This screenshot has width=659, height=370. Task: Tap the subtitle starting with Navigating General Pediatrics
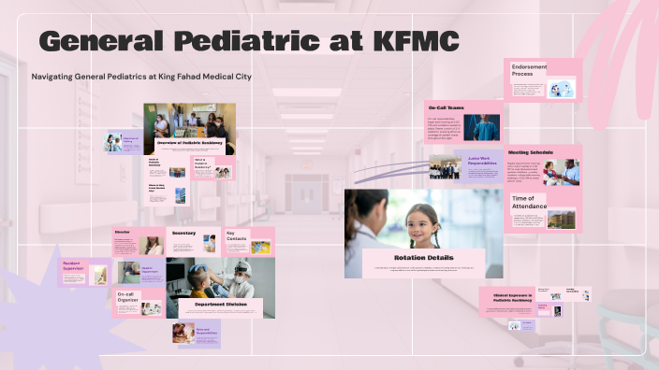click(x=141, y=76)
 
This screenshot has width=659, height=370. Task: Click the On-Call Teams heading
click(x=447, y=108)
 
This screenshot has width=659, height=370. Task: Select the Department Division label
click(x=220, y=305)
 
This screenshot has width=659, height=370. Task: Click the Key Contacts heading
click(x=237, y=235)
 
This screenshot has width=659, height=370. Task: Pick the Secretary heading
click(x=183, y=233)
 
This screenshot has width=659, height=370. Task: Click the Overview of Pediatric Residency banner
click(x=189, y=143)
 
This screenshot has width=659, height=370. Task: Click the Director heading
click(x=123, y=232)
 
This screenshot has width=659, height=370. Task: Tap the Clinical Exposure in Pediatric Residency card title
click(x=512, y=296)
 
